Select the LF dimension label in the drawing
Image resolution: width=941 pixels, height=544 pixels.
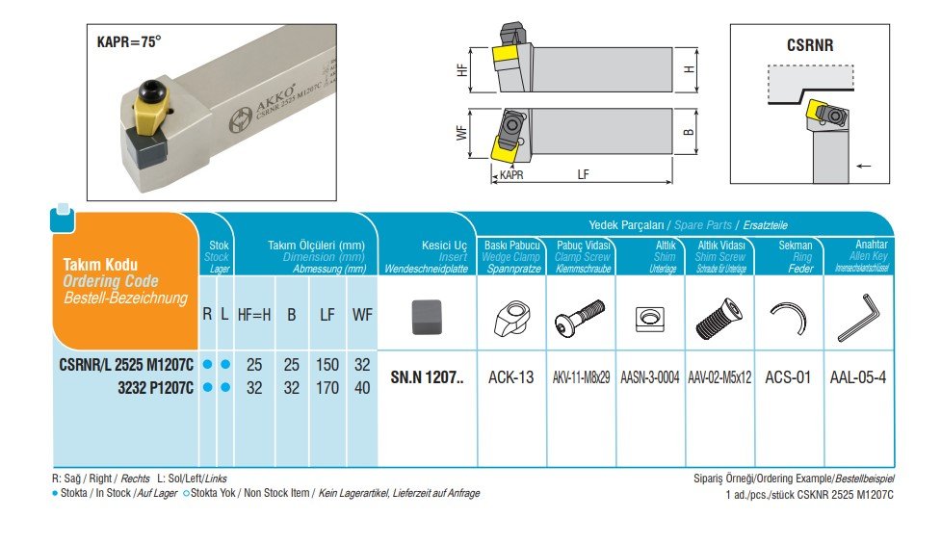tap(584, 174)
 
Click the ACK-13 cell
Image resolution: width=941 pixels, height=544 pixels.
tap(510, 377)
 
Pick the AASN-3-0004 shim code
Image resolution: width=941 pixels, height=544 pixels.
tap(649, 377)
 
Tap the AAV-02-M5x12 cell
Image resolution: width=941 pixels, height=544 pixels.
tap(720, 377)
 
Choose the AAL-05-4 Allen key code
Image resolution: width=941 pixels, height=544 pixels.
tap(858, 377)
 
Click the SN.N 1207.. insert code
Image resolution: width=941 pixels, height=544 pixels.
tap(427, 377)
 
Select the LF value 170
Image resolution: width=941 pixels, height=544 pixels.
tap(327, 388)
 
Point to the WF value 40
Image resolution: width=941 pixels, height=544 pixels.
tap(362, 388)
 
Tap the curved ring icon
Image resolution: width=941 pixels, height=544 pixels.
tap(790, 319)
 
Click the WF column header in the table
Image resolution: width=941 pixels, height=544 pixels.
tap(362, 314)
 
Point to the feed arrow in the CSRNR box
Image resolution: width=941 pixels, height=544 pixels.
tap(863, 167)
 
